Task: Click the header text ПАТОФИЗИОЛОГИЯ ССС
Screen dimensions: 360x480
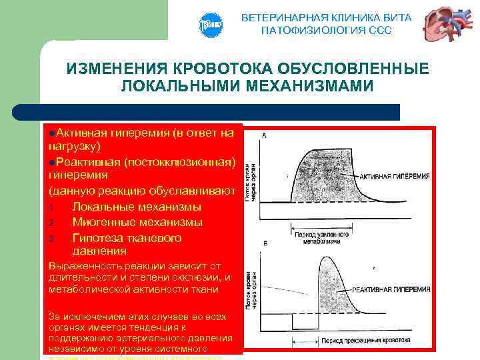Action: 326,31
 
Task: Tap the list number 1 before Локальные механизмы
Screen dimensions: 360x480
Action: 51,207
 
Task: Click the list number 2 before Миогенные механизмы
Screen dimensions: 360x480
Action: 51,223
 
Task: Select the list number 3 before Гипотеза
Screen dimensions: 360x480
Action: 51,239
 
